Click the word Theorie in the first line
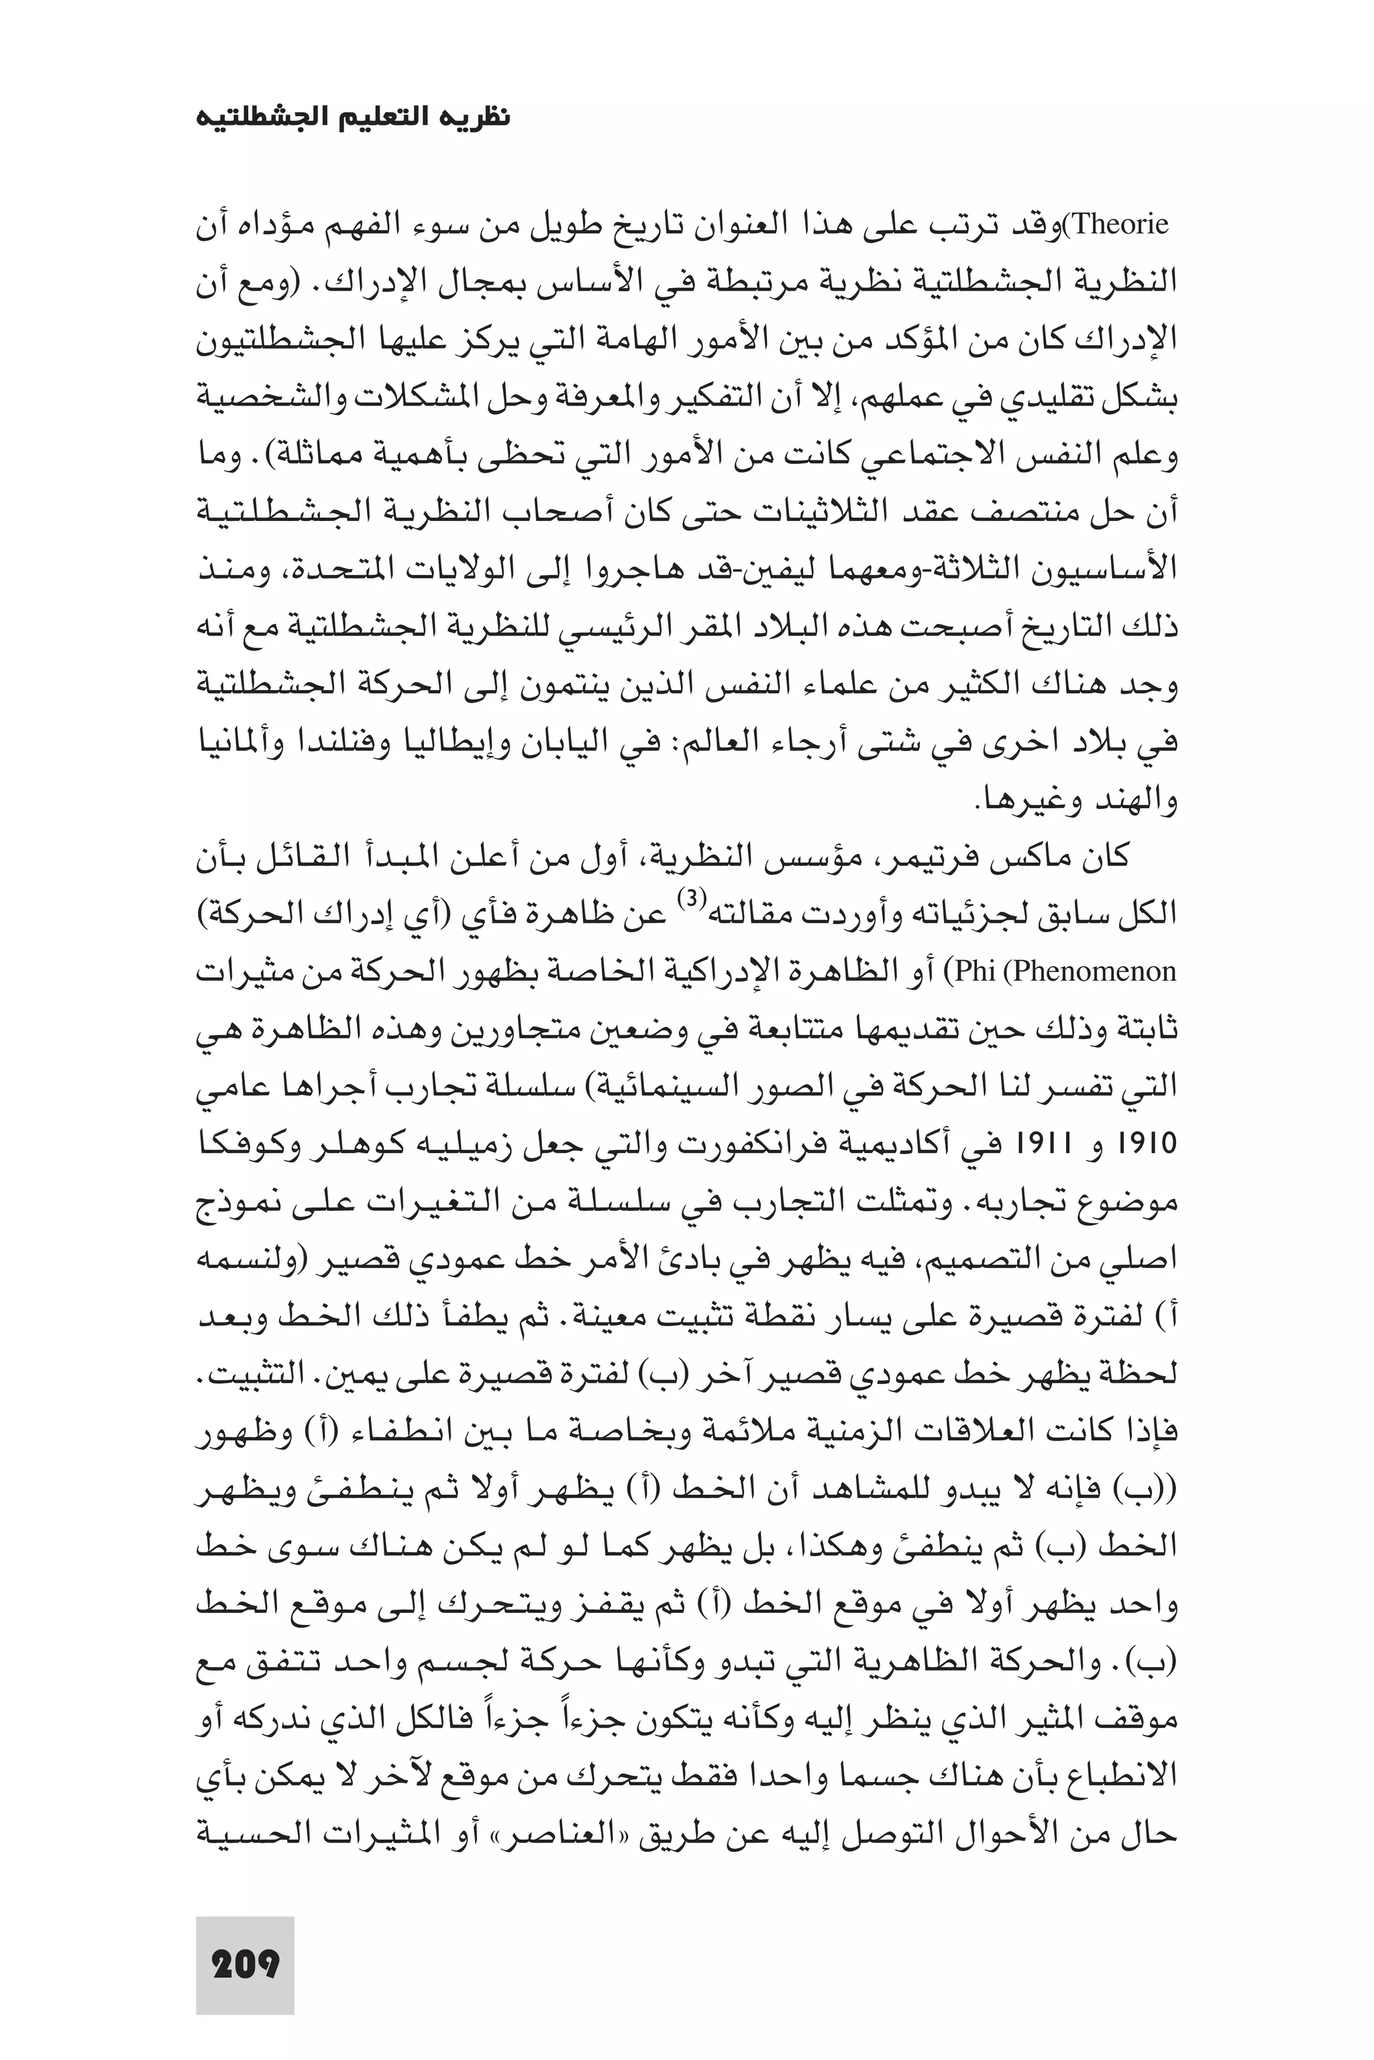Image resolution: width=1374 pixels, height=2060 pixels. pos(1121,226)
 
